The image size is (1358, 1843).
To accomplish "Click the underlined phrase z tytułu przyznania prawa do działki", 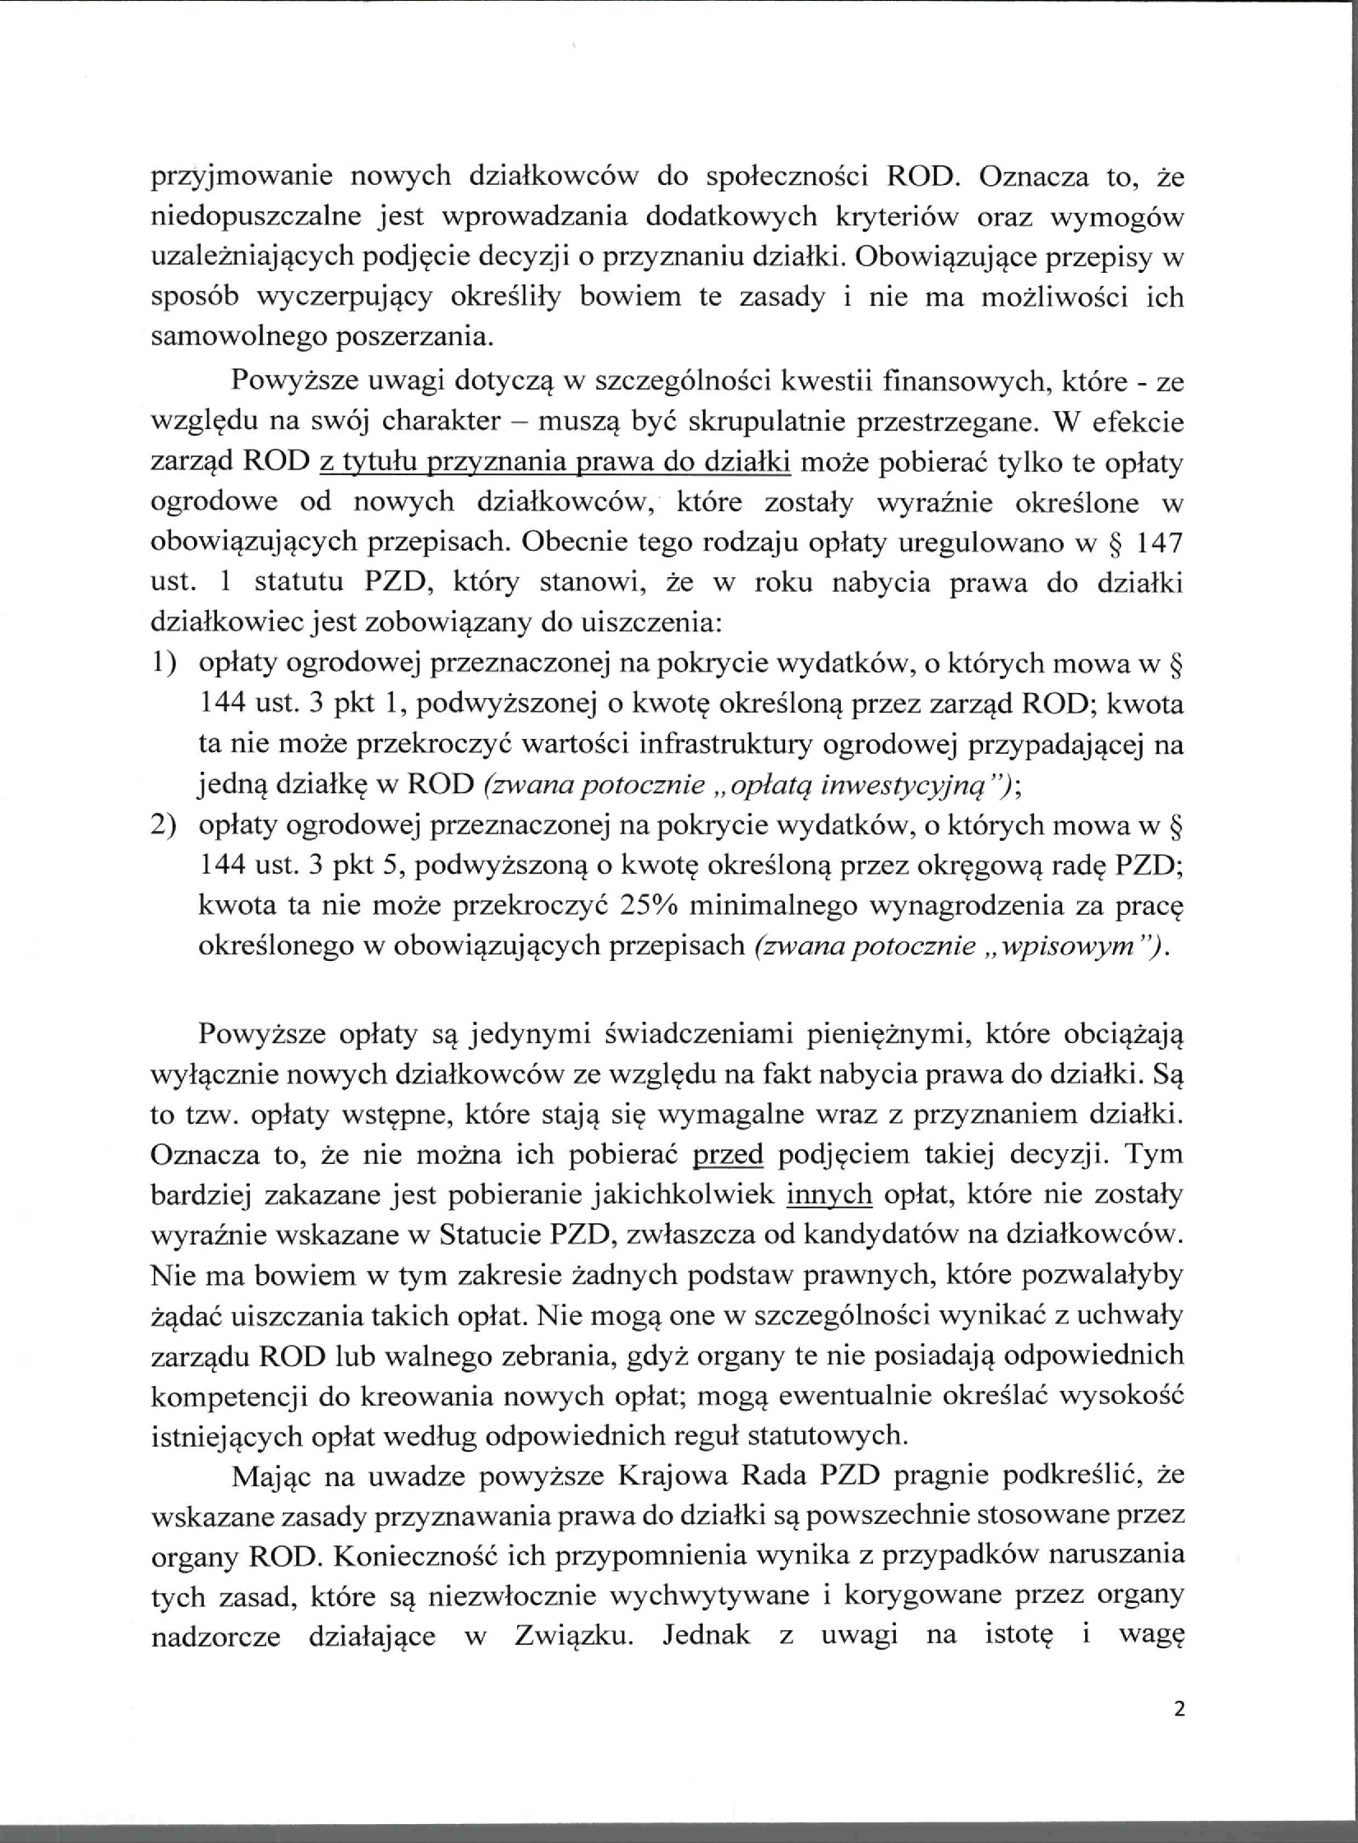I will pyautogui.click(x=555, y=462).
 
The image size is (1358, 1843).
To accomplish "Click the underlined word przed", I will pyautogui.click(x=728, y=1154).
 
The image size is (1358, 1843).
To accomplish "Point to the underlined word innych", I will pyautogui.click(x=829, y=1194).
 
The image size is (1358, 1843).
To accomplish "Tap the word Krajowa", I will pyautogui.click(x=671, y=1476).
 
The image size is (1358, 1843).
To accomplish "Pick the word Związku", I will pyautogui.click(x=574, y=1635).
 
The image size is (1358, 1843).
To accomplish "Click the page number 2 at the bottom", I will pyautogui.click(x=1180, y=1709).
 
